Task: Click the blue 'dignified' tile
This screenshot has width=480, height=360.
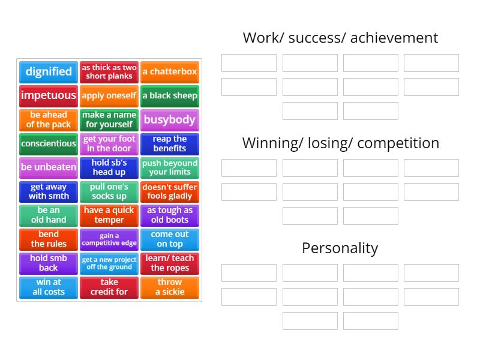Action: [49, 72]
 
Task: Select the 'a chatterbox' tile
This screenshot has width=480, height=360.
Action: [170, 72]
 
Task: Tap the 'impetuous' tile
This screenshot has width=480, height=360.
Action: [49, 95]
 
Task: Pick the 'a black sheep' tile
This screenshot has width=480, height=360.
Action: [170, 95]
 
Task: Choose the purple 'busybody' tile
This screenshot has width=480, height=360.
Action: [170, 119]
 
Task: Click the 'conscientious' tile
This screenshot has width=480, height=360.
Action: [49, 143]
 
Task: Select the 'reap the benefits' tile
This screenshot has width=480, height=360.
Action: [170, 143]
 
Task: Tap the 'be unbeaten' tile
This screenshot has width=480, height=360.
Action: [49, 167]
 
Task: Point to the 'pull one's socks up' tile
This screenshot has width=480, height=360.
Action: [109, 191]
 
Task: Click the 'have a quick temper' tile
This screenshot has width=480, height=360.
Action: [109, 215]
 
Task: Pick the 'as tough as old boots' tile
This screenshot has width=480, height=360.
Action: [170, 215]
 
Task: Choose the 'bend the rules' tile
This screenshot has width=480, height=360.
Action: [49, 239]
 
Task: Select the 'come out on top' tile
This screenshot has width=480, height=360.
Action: [170, 239]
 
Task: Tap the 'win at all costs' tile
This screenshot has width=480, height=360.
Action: [49, 287]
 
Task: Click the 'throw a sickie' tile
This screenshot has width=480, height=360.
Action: [170, 287]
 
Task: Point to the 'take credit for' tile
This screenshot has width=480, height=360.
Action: [109, 287]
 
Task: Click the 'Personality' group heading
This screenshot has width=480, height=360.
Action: [340, 248]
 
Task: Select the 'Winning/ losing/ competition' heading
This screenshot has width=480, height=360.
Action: [340, 143]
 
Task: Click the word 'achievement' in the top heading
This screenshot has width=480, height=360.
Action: [394, 38]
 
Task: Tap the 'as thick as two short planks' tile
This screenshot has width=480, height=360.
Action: [109, 72]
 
